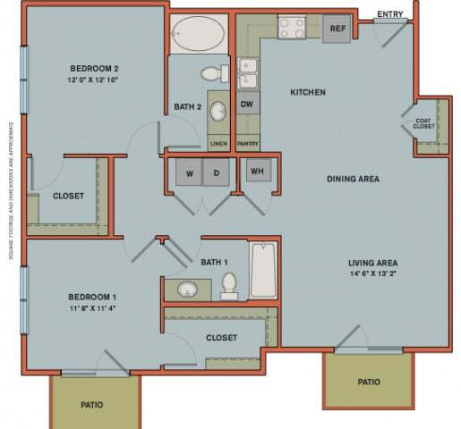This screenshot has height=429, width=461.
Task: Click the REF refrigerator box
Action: click(337, 28)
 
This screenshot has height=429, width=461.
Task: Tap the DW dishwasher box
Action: click(249, 103)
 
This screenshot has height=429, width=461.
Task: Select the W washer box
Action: click(189, 172)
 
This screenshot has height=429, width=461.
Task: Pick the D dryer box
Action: click(217, 172)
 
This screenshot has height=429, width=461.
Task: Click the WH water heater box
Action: click(256, 170)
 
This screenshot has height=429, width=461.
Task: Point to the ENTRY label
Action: click(390, 13)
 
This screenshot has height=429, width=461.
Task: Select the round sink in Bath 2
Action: click(218, 111)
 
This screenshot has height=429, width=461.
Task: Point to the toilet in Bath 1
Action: click(228, 285)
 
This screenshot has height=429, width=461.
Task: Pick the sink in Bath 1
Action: click(187, 290)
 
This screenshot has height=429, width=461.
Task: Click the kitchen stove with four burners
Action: click(292, 27)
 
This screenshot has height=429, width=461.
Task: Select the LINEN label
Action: click(217, 142)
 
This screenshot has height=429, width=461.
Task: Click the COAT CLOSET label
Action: click(424, 123)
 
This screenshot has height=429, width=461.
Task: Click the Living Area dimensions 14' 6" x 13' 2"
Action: click(372, 274)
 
